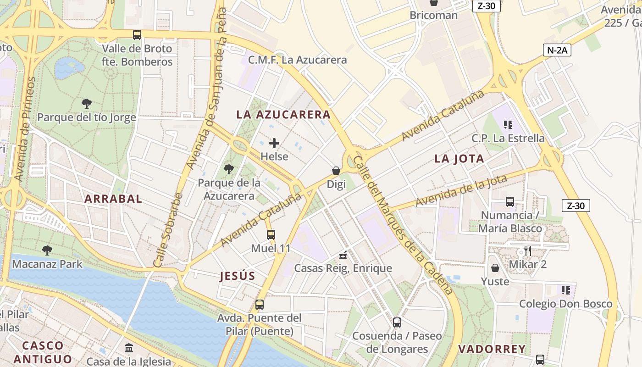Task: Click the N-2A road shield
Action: [x=557, y=50]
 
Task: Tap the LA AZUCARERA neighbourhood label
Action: [x=283, y=115]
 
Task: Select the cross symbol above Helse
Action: [x=274, y=143]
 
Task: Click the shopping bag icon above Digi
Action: [x=336, y=171]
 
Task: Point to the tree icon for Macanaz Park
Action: [x=47, y=250]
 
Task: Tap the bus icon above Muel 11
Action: [x=271, y=235]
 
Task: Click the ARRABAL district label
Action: [x=113, y=199]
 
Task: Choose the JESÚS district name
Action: [x=237, y=276]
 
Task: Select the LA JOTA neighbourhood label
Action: [x=459, y=159]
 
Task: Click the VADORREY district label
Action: [x=492, y=349]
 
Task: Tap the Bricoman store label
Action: [x=433, y=15]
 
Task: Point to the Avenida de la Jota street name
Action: [x=461, y=191]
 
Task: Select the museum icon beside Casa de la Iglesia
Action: [x=129, y=348]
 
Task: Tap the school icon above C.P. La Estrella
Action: [x=508, y=125]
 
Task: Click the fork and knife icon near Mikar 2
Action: [x=528, y=250]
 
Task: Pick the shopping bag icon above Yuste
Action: [x=495, y=268]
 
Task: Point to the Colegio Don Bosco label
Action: [x=565, y=304]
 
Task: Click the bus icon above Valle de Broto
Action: [x=137, y=35]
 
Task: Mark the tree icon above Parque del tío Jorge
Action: [x=86, y=104]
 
